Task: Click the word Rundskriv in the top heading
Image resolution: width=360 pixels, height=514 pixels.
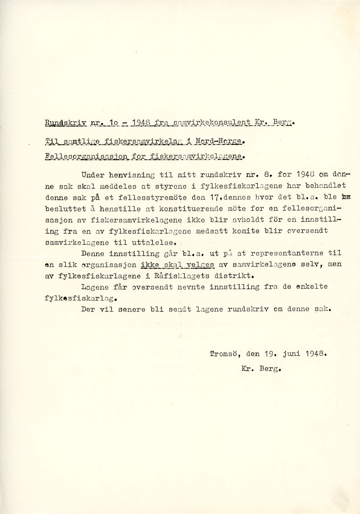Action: point(65,123)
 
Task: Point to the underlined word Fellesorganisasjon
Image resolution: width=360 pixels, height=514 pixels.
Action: point(85,156)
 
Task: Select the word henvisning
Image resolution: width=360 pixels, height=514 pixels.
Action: point(131,175)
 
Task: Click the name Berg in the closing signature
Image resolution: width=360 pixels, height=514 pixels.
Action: point(270,369)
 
